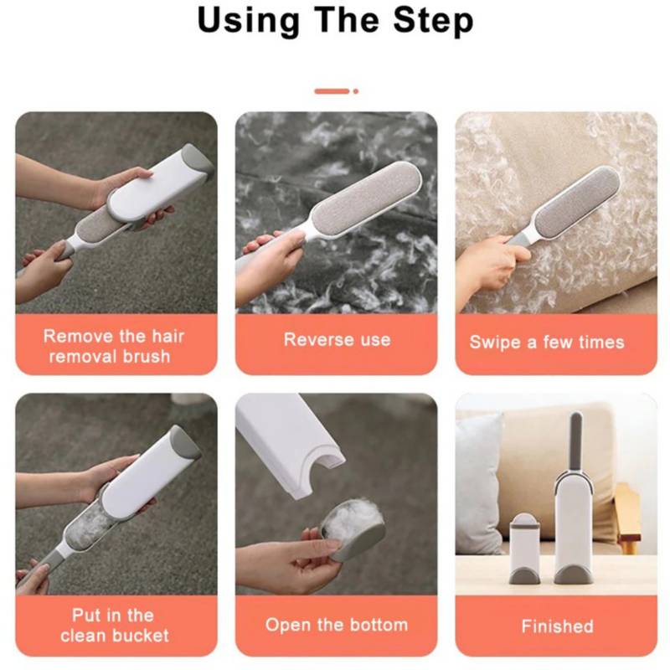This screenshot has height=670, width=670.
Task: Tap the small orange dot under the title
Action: pyautogui.click(x=355, y=91)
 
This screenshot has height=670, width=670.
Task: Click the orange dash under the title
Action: pyautogui.click(x=332, y=91)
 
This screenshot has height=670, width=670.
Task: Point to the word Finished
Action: pyautogui.click(x=557, y=626)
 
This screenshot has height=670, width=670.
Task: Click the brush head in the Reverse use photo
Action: pyautogui.click(x=366, y=198)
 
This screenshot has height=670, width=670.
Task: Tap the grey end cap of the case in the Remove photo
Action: pyautogui.click(x=198, y=159)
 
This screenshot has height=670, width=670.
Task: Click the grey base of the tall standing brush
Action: pyautogui.click(x=573, y=574)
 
